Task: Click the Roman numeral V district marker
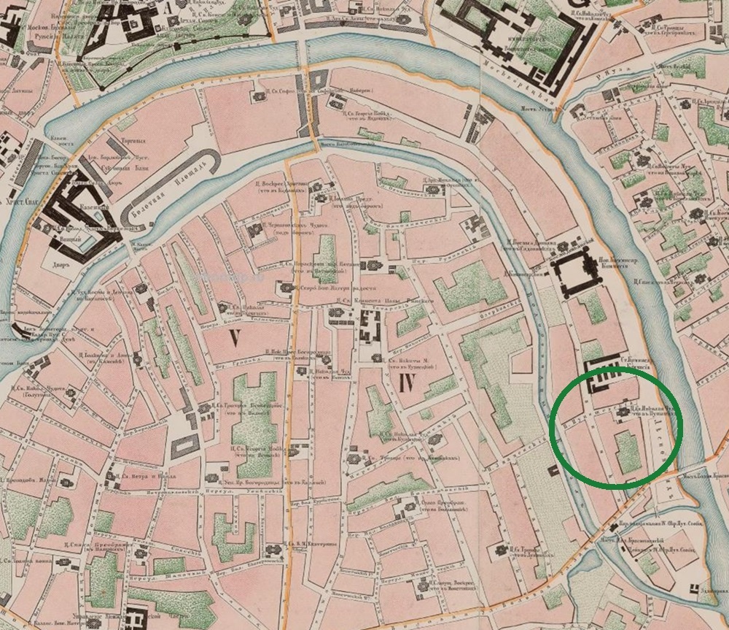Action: coord(234,338)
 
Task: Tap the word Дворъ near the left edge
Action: coord(61,265)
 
